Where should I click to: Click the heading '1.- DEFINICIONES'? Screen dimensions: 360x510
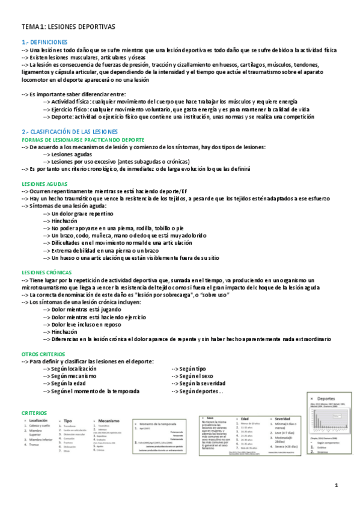pos(44,43)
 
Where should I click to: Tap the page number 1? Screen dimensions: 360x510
pos(337,485)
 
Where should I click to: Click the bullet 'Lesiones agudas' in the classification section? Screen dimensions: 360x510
pos(75,154)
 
